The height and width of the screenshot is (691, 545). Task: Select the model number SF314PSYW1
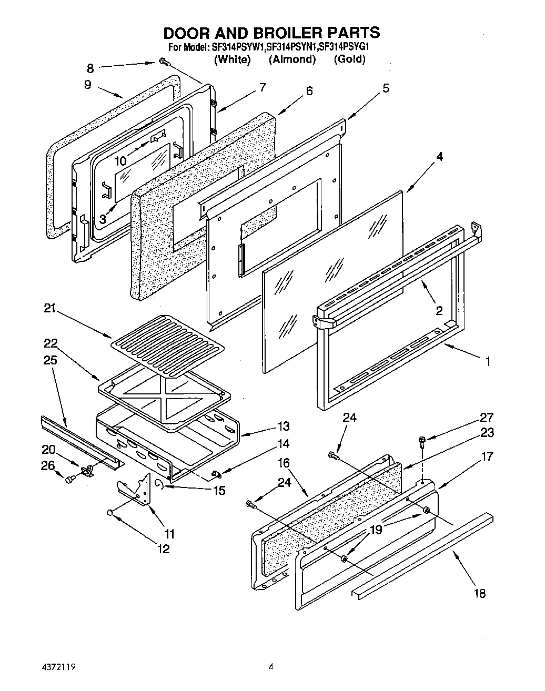tap(238, 47)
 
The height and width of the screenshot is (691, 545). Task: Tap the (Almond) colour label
tap(292, 59)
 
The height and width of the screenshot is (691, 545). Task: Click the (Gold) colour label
tap(349, 59)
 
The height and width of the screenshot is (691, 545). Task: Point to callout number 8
tap(90, 68)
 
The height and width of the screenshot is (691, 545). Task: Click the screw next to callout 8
tap(163, 63)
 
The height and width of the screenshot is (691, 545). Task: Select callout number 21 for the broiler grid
tap(49, 310)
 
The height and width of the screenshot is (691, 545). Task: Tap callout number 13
tap(284, 426)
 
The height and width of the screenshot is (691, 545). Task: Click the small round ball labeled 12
tap(110, 512)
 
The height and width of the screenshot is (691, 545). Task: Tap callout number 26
tap(47, 465)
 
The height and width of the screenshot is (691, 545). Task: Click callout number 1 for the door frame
tap(488, 361)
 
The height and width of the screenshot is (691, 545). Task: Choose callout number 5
tap(386, 88)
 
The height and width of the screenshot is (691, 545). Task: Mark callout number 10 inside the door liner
tap(120, 161)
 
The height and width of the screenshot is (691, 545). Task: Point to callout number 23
tap(487, 432)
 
